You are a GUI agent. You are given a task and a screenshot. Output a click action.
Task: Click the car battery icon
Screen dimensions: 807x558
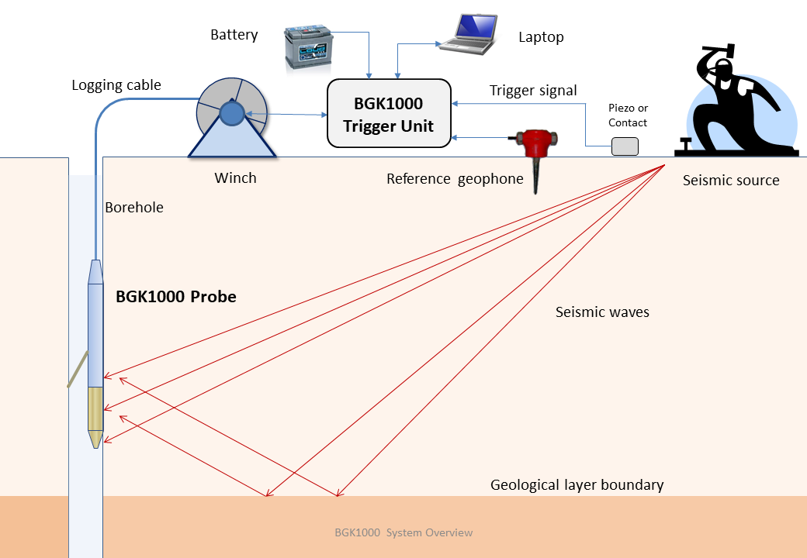[308, 48]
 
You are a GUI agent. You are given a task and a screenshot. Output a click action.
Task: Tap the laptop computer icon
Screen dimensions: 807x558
[469, 34]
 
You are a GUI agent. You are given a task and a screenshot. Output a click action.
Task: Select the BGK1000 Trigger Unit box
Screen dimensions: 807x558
[389, 114]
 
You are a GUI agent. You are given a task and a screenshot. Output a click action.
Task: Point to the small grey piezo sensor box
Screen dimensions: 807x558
[625, 146]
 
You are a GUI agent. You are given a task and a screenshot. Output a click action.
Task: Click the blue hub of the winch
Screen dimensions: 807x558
[232, 114]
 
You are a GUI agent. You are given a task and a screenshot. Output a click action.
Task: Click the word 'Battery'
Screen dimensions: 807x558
[234, 35]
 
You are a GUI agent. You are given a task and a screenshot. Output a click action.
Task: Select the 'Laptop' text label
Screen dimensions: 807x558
[541, 37]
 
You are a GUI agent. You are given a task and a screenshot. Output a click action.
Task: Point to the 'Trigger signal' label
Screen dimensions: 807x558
[533, 91]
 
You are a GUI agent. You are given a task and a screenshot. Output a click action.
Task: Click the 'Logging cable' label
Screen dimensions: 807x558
[116, 85]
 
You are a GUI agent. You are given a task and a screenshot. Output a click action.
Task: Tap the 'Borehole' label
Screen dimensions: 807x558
[134, 208]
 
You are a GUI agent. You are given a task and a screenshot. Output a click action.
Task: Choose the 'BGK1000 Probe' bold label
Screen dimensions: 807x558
[176, 297]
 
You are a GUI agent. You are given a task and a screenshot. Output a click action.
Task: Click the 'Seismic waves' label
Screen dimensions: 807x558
[602, 312]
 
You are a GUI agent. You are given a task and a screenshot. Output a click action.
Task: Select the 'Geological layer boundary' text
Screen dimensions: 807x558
[577, 486]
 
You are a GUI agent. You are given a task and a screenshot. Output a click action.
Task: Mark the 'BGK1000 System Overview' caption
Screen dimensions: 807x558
[403, 533]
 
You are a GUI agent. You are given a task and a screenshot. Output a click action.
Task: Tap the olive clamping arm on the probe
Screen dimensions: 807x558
[78, 370]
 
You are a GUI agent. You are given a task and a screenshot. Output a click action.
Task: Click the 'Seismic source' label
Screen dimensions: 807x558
[731, 181]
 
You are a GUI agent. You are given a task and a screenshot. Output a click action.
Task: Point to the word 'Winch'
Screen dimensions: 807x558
[235, 178]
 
